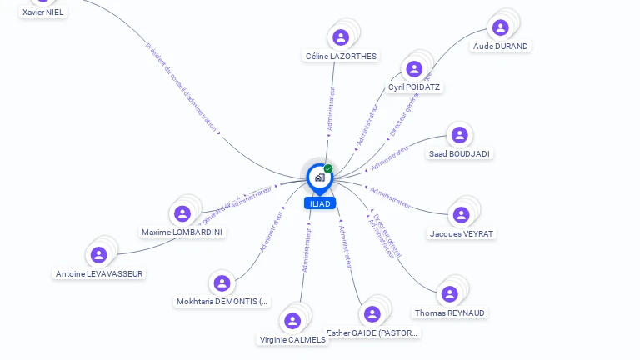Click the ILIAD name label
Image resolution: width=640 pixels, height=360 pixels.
(x=320, y=203)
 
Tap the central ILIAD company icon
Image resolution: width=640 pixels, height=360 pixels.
(x=319, y=177)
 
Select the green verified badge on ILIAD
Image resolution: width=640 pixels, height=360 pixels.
(x=328, y=169)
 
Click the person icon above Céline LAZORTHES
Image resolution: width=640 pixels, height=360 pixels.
(x=341, y=37)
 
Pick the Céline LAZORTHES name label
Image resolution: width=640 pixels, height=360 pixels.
(x=341, y=56)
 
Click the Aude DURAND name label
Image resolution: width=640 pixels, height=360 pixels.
(x=500, y=46)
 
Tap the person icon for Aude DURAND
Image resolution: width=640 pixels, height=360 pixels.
(x=500, y=27)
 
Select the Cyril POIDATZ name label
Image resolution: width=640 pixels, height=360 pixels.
(x=414, y=87)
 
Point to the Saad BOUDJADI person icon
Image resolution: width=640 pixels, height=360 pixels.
(x=459, y=135)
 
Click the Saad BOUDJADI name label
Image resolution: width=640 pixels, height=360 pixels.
(x=459, y=153)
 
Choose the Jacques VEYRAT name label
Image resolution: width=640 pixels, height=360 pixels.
(x=462, y=233)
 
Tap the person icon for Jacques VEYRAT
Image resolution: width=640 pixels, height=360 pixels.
(x=461, y=215)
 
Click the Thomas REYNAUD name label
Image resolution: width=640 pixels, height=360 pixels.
(x=450, y=312)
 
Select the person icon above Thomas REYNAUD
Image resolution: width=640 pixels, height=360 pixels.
(x=450, y=293)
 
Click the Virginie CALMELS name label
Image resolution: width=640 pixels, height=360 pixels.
(x=292, y=339)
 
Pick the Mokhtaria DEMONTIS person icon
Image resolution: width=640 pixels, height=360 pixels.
(x=221, y=283)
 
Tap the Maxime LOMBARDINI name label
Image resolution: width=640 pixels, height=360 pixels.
(x=182, y=232)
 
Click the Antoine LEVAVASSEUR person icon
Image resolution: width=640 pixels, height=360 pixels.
(x=99, y=255)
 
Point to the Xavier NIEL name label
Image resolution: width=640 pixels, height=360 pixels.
(x=42, y=12)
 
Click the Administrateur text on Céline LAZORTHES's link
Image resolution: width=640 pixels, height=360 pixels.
(x=332, y=107)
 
